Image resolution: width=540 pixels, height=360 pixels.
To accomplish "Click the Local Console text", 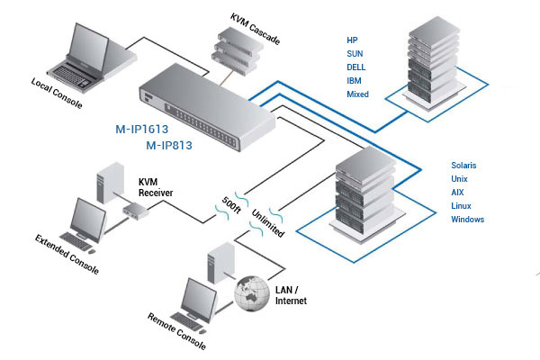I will [57, 94].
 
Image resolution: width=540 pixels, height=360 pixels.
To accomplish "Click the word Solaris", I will [466, 166].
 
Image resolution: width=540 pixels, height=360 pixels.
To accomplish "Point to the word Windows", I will [469, 220].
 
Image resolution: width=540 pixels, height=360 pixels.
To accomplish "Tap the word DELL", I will [357, 67].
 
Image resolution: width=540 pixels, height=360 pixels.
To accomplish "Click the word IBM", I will [355, 81].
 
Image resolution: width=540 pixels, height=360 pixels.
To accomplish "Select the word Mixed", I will [358, 94].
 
